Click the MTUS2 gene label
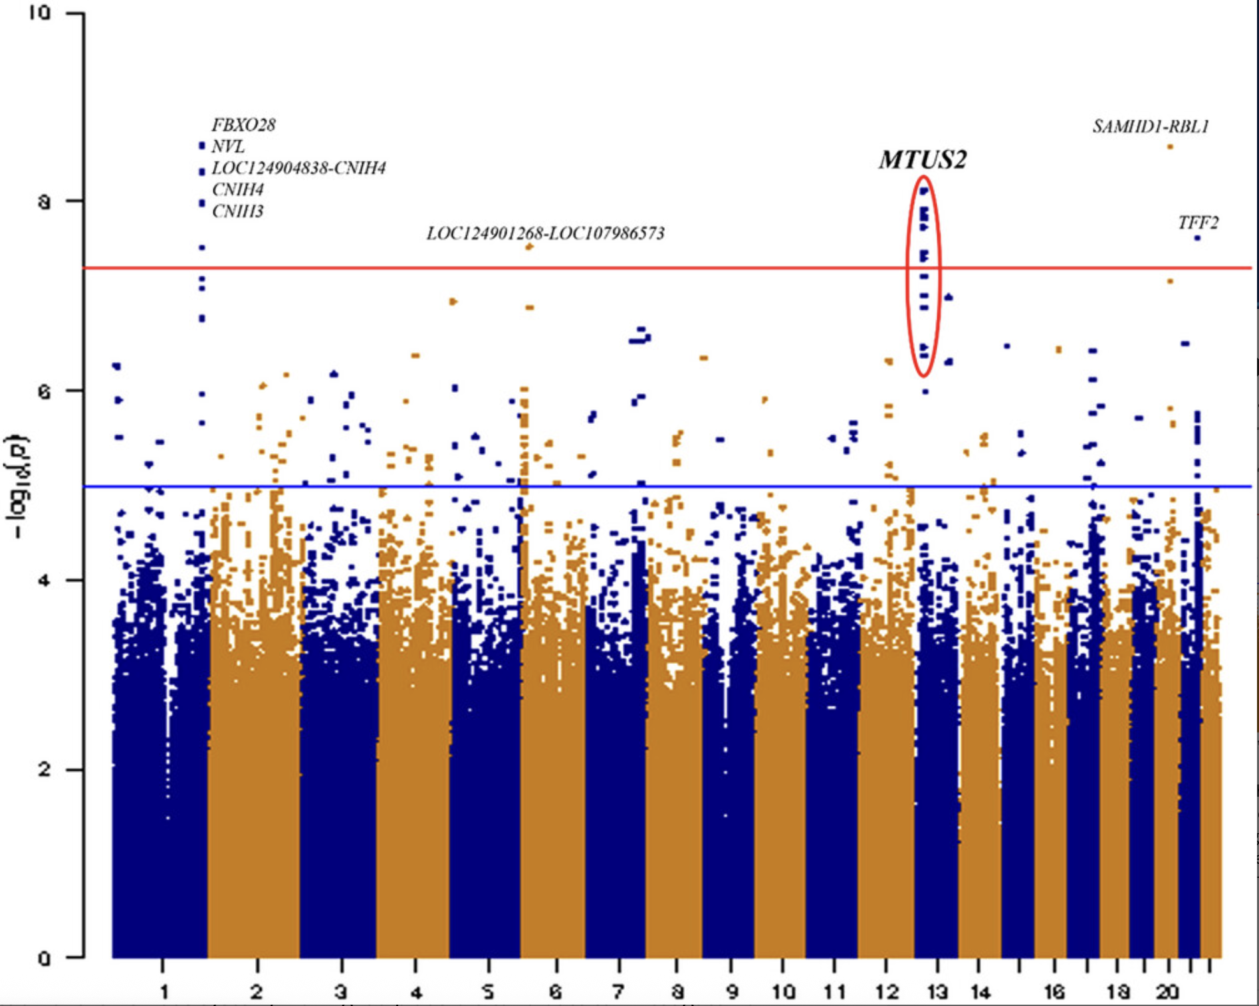(922, 160)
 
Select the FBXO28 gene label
(243, 125)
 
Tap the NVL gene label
(228, 146)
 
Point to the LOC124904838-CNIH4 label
(298, 168)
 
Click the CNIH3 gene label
(237, 211)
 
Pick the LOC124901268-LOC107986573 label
(545, 233)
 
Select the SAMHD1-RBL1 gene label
(1151, 126)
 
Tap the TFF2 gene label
(1198, 223)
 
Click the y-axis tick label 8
(44, 201)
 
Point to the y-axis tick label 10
(40, 14)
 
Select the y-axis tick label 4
(44, 580)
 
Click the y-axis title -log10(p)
(17, 486)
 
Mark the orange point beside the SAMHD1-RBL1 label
(1171, 147)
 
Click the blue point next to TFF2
(1197, 238)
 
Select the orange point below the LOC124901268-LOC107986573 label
(529, 247)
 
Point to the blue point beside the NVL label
(202, 146)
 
